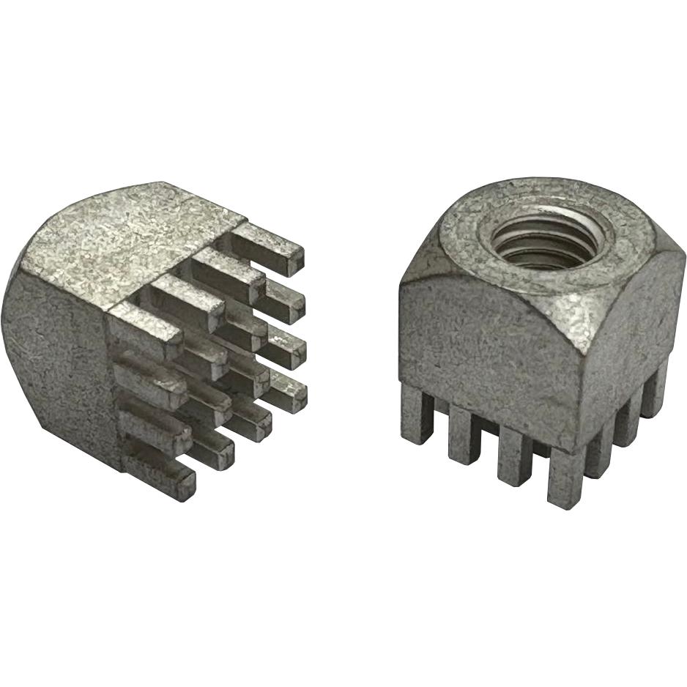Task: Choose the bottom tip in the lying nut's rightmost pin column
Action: point(289,396)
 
